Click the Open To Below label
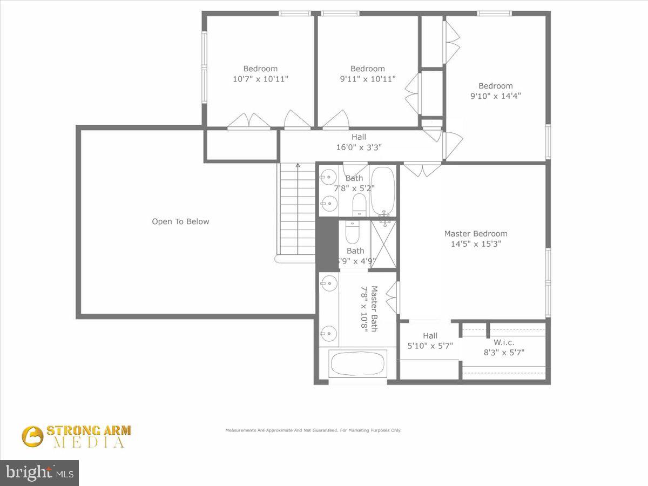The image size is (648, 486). coord(180,221)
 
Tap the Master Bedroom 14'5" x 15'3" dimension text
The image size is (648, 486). coord(476,244)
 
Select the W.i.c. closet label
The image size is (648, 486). coord(504,348)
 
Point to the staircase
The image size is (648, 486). coord(296,211)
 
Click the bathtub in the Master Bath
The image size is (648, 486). coord(358,364)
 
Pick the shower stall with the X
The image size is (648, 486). coord(384,244)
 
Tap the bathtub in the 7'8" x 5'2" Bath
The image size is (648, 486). coord(383,191)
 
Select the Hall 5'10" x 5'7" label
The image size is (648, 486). coord(430,341)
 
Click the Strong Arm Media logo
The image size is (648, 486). coord(76,436)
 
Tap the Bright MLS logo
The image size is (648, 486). coord(39,473)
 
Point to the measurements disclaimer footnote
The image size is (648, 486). coord(313,430)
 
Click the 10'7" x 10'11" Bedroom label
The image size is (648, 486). coord(260,73)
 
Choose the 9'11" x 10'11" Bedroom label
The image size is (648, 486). coord(368,73)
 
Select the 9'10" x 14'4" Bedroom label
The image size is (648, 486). coord(495,91)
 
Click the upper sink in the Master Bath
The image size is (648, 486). coord(328,283)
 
